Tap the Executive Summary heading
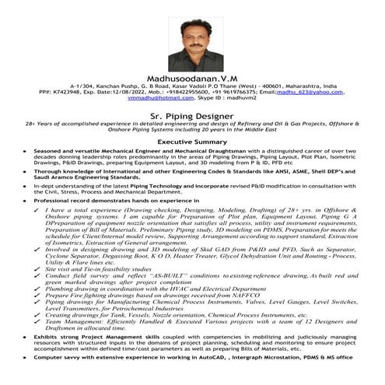(192, 143)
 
